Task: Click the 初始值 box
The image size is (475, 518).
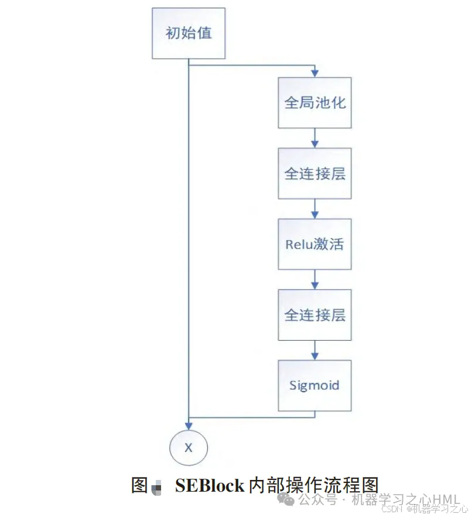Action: (189, 33)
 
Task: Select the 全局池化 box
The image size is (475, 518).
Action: (315, 103)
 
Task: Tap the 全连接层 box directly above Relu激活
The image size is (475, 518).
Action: (315, 174)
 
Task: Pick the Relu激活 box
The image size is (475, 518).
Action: (315, 244)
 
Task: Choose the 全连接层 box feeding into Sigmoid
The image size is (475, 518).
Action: (315, 315)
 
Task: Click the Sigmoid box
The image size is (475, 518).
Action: (315, 385)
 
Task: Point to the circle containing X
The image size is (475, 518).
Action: (189, 448)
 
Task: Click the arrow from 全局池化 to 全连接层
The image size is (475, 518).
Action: (315, 138)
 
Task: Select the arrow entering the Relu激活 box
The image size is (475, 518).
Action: (315, 209)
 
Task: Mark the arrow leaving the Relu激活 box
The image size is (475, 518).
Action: (315, 279)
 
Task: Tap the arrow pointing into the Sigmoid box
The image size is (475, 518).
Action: (315, 350)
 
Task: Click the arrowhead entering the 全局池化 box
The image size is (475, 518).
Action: (315, 74)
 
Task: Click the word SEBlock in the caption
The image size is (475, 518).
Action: (209, 486)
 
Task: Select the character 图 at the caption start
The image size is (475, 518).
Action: (139, 485)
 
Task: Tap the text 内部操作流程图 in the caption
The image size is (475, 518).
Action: (314, 486)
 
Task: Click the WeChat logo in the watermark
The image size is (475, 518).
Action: (288, 499)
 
